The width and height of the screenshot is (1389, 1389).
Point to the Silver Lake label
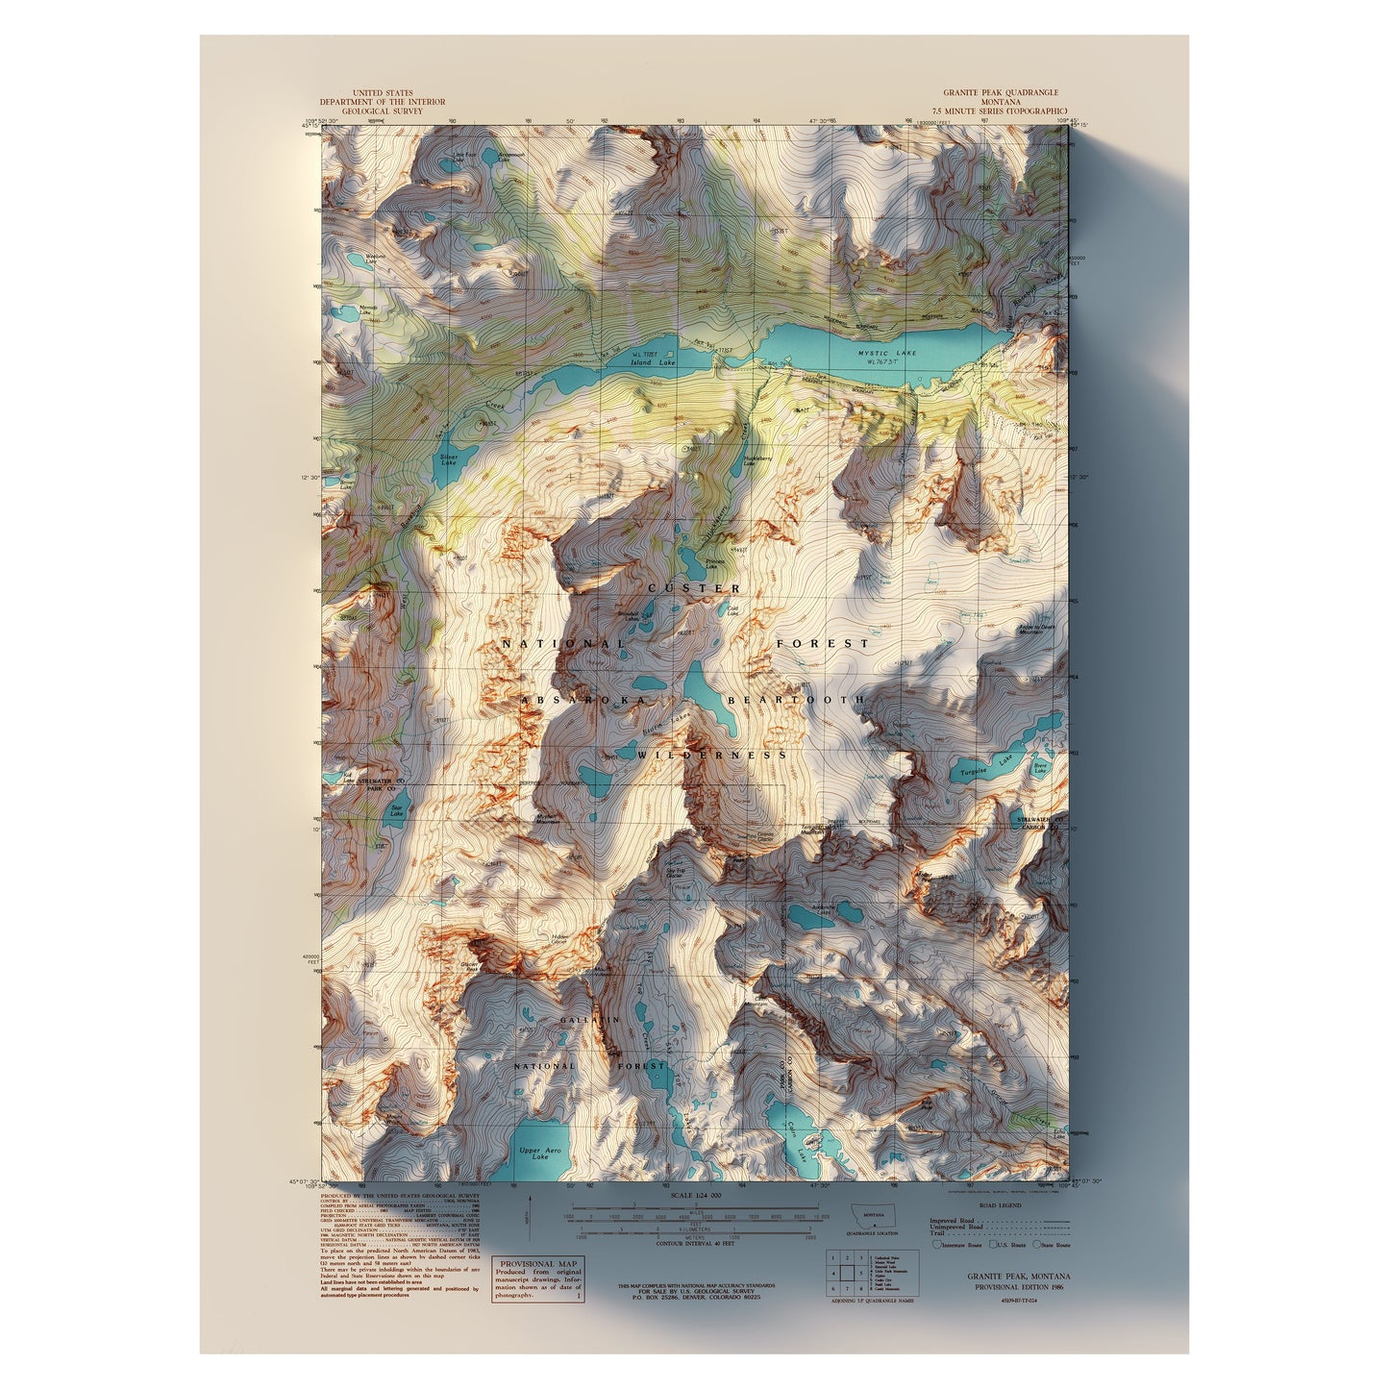(x=448, y=459)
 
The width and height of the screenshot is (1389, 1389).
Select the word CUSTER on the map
(x=694, y=588)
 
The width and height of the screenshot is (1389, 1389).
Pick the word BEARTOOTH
(x=796, y=701)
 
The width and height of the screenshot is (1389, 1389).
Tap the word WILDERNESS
(x=711, y=756)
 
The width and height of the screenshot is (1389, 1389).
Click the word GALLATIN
(x=589, y=1018)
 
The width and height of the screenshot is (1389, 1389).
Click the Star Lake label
(x=396, y=811)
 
